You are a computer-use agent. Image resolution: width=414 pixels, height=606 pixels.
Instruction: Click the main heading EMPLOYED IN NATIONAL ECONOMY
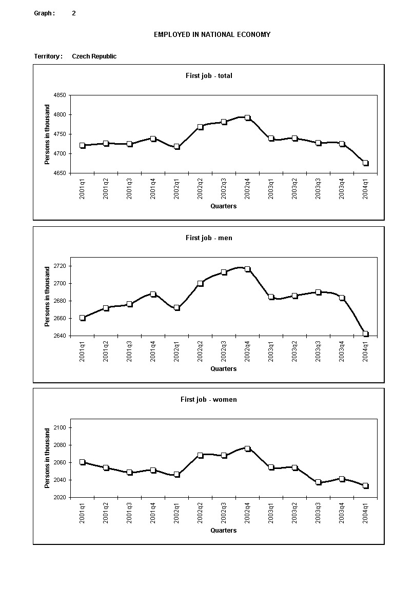[x=212, y=34]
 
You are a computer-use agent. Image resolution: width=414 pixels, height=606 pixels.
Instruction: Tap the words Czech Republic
[x=94, y=56]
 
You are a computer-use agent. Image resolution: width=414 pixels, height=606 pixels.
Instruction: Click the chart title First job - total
[x=209, y=75]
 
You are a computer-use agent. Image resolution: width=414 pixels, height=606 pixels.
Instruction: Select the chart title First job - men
[x=209, y=238]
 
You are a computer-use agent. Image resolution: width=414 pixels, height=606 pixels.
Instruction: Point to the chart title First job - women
[x=209, y=399]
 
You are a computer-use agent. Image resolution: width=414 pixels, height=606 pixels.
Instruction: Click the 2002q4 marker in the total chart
[x=247, y=118]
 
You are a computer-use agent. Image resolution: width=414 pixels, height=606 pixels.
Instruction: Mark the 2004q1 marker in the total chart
[x=366, y=163]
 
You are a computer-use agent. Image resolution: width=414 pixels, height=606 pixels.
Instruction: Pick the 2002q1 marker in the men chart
[x=176, y=308]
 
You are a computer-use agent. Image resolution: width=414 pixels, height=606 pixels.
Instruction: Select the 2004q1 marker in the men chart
[x=366, y=334]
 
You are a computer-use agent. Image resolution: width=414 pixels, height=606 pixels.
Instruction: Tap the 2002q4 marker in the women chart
[x=247, y=448]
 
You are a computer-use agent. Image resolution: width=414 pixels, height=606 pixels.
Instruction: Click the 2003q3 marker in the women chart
[x=319, y=482]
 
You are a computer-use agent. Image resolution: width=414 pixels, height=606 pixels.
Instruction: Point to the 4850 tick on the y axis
[x=60, y=95]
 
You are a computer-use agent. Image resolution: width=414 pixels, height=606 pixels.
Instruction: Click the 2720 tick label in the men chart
[x=60, y=266]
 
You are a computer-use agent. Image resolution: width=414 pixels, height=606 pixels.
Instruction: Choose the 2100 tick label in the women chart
[x=60, y=428]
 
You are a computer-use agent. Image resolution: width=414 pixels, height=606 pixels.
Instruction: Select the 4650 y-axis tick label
[x=60, y=173]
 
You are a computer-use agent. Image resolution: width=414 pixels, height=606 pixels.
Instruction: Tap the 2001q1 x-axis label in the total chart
[x=82, y=189]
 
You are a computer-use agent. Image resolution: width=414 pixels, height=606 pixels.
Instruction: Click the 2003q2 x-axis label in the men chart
[x=295, y=351]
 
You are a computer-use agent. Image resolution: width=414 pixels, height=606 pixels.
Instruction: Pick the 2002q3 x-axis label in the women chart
[x=224, y=513]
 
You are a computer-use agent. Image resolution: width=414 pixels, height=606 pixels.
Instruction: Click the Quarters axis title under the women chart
[x=224, y=531]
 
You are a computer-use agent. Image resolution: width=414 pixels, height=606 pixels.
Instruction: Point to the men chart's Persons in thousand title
[x=48, y=296]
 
